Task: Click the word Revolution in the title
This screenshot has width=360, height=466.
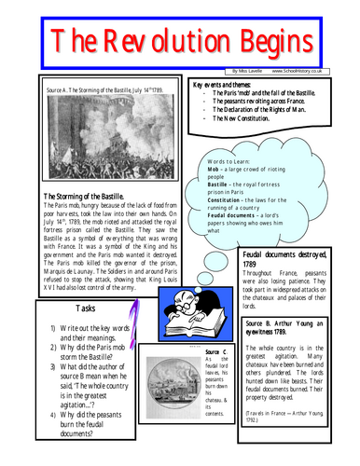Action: (x=171, y=42)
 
